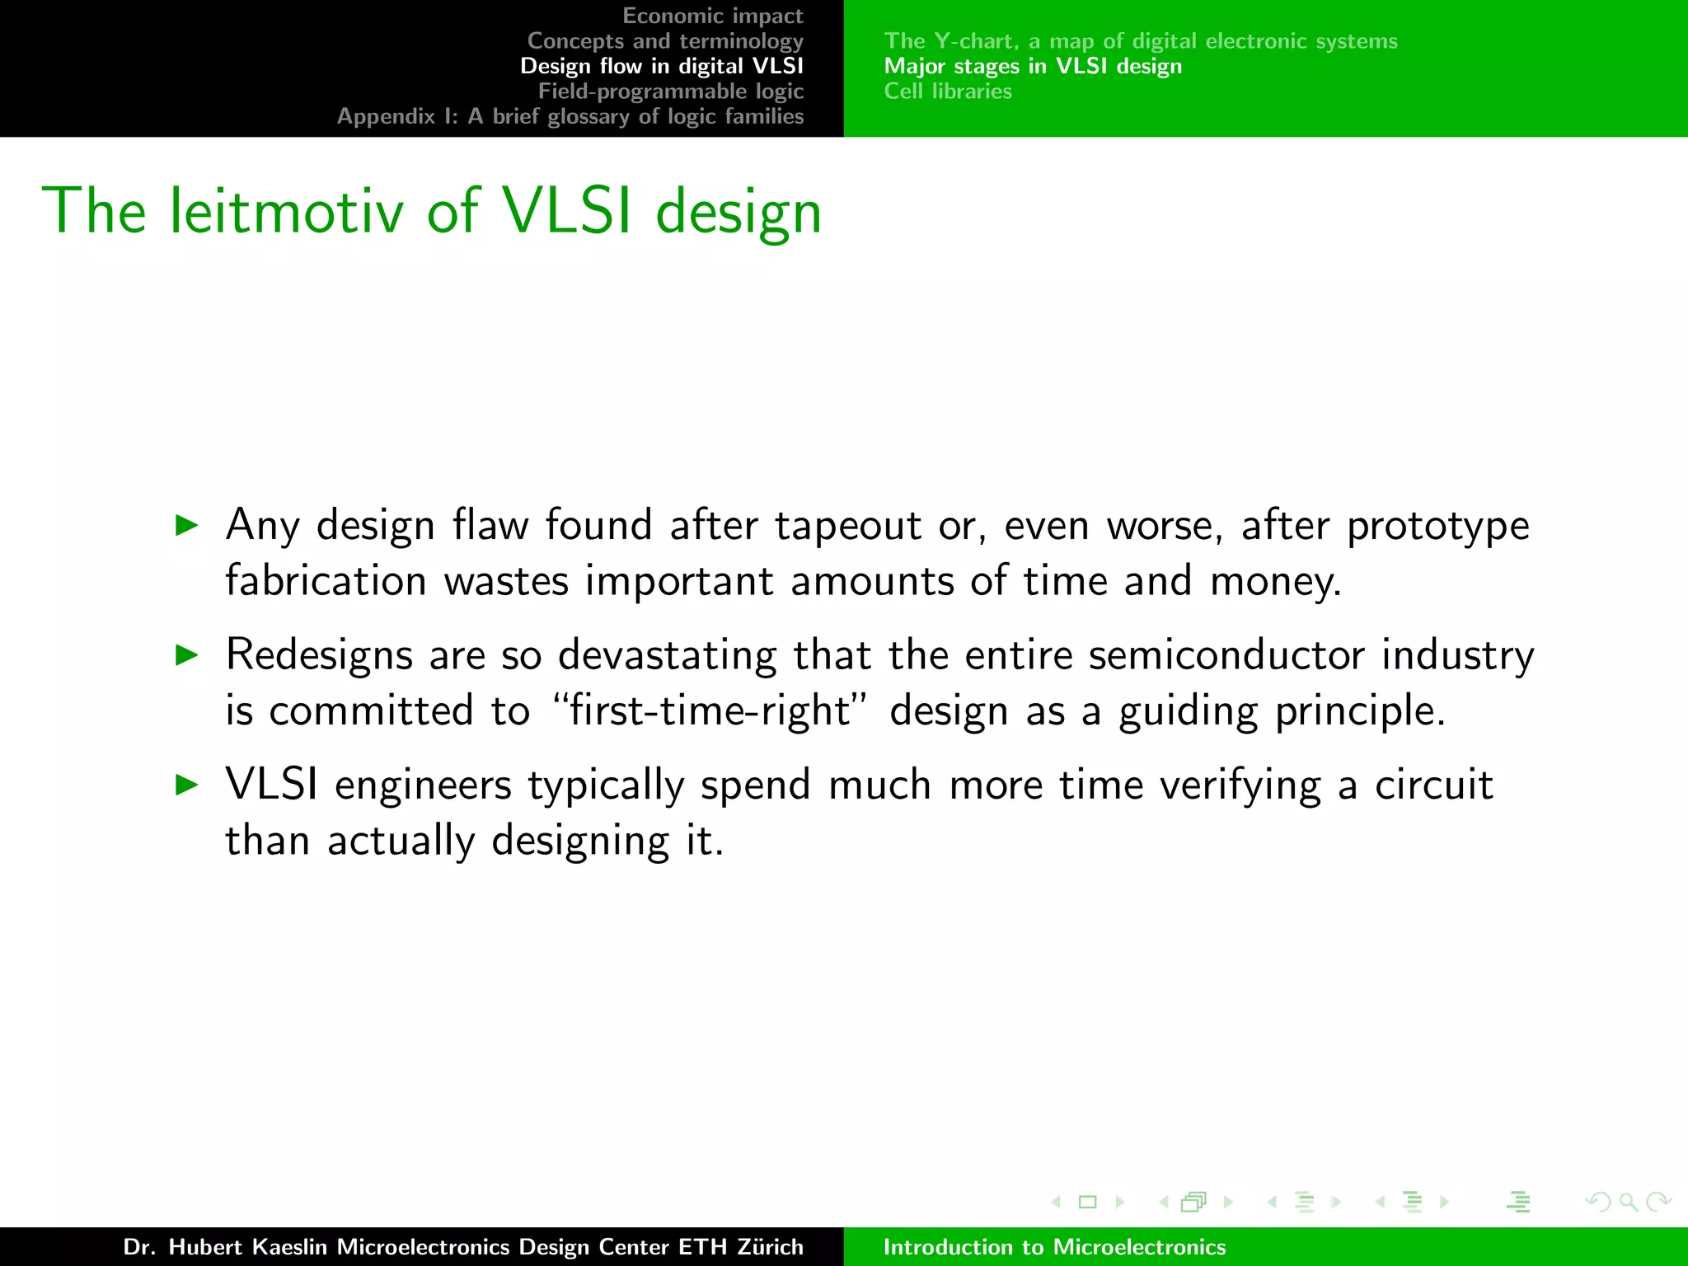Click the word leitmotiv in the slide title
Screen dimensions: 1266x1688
click(286, 212)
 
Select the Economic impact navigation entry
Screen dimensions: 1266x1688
click(712, 16)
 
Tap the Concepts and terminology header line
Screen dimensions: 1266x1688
click(664, 40)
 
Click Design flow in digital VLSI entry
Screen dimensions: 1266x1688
click(661, 66)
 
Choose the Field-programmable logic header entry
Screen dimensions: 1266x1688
click(670, 91)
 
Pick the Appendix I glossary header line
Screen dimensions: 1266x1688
click(570, 116)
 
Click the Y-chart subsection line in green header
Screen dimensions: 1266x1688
click(1140, 40)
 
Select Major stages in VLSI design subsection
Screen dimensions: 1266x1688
click(1033, 66)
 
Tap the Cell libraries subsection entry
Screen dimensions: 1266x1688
click(948, 91)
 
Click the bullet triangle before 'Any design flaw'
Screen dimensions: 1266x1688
click(187, 525)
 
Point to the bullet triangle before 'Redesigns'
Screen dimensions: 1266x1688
click(187, 655)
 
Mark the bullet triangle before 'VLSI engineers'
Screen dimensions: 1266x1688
click(187, 785)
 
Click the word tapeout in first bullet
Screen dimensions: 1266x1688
click(846, 526)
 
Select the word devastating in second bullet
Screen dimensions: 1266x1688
click(667, 655)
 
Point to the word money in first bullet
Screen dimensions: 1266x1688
click(1274, 582)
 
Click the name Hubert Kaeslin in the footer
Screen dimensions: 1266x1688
click(247, 1246)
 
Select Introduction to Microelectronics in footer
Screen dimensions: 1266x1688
click(1054, 1246)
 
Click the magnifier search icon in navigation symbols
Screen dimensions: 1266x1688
click(1628, 1202)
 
